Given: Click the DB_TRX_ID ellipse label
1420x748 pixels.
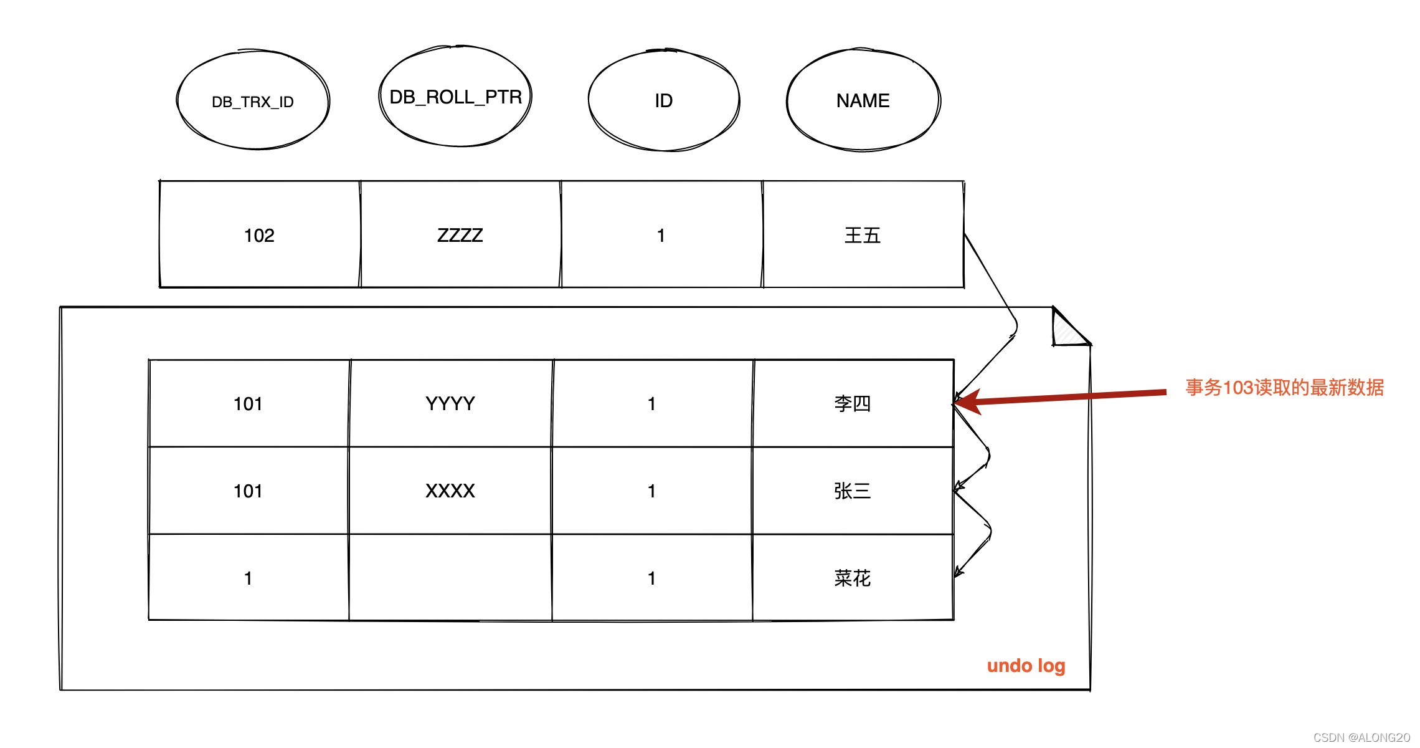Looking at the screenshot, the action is pyautogui.click(x=252, y=102).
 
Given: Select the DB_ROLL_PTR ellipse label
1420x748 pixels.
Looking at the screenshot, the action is pyautogui.click(x=455, y=97).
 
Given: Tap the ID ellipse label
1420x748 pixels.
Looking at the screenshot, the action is pyautogui.click(x=663, y=101).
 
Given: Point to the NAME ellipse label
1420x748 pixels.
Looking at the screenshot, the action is pyautogui.click(x=863, y=101).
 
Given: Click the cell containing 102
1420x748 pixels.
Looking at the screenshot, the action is pyautogui.click(x=259, y=236).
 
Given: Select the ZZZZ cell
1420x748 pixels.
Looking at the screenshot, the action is pyautogui.click(x=460, y=236).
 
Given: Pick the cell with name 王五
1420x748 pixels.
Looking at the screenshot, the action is pyautogui.click(x=863, y=236).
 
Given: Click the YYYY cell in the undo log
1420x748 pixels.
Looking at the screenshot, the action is pyautogui.click(x=450, y=404).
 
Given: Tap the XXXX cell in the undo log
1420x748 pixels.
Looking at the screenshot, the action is pyautogui.click(x=450, y=491).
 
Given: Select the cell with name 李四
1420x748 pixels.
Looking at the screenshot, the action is pyautogui.click(x=852, y=404).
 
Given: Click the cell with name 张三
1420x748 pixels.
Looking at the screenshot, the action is pyautogui.click(x=852, y=491).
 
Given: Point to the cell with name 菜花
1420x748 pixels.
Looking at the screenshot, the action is pyautogui.click(x=852, y=578).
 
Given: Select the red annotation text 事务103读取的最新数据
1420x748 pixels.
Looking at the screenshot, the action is pyautogui.click(x=1284, y=388).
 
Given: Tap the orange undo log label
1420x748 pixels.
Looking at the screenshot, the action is pyautogui.click(x=1026, y=666).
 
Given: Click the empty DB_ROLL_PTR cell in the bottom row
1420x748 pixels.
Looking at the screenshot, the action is pyautogui.click(x=450, y=577).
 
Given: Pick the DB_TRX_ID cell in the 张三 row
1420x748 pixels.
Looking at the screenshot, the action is pyautogui.click(x=248, y=491).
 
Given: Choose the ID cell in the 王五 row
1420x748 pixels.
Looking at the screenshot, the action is pyautogui.click(x=661, y=236).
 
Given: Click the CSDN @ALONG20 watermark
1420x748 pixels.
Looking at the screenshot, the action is pyautogui.click(x=1361, y=737).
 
